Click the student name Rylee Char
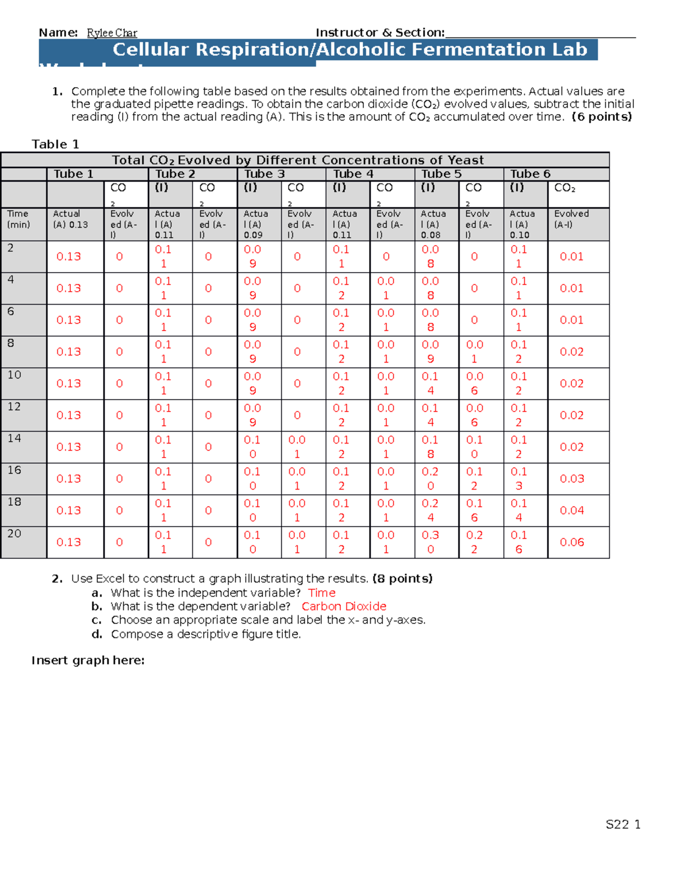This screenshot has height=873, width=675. pyautogui.click(x=112, y=33)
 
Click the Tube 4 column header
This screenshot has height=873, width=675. pyautogui.click(x=353, y=174)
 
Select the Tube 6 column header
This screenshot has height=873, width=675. pyautogui.click(x=530, y=174)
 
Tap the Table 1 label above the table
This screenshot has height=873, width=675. pyautogui.click(x=55, y=144)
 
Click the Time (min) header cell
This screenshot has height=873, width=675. pyautogui.click(x=19, y=219)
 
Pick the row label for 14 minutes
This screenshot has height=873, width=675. pyautogui.click(x=14, y=438)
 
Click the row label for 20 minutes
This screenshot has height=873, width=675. pyautogui.click(x=14, y=533)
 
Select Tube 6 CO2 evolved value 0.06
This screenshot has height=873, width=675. pyautogui.click(x=571, y=542)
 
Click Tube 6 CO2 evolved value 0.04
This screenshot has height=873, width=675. pyautogui.click(x=571, y=510)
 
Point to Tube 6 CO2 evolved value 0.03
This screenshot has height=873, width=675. pyautogui.click(x=571, y=479)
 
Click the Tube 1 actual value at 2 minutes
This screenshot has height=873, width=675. pyautogui.click(x=69, y=257)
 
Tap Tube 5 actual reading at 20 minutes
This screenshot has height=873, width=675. pyautogui.click(x=430, y=542)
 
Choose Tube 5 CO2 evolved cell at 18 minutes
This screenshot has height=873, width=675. pyautogui.click(x=474, y=510)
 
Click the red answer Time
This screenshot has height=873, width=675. pyautogui.click(x=322, y=593)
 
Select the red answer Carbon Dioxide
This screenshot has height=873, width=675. pyautogui.click(x=344, y=607)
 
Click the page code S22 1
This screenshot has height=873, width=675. pyautogui.click(x=623, y=825)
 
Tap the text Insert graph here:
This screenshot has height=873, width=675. pyautogui.click(x=88, y=661)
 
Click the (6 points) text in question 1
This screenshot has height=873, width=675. pyautogui.click(x=601, y=117)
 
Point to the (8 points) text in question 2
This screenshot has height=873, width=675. pyautogui.click(x=402, y=579)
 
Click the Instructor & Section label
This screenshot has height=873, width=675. pyautogui.click(x=380, y=33)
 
